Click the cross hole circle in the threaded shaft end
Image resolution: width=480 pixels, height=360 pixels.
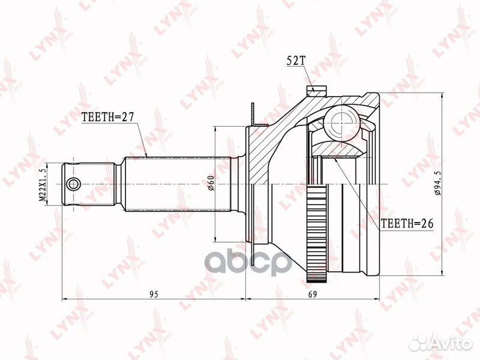(74, 183)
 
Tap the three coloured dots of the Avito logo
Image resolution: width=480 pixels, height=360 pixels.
(419, 343)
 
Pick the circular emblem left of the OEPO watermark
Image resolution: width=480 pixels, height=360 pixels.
(219, 263)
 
